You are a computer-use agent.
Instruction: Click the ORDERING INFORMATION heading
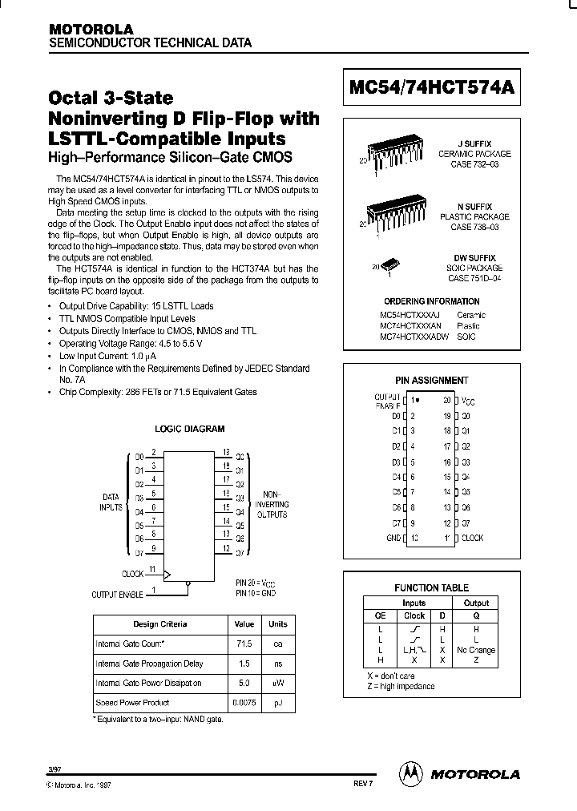pyautogui.click(x=431, y=301)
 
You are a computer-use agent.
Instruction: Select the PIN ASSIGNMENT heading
pyautogui.click(x=431, y=381)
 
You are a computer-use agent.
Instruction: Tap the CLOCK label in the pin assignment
pyautogui.click(x=472, y=538)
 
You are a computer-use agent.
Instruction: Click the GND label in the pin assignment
pyautogui.click(x=393, y=538)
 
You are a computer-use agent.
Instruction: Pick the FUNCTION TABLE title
pyautogui.click(x=432, y=587)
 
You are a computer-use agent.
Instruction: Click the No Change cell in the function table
pyautogui.click(x=476, y=650)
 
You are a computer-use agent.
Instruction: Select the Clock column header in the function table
pyautogui.click(x=414, y=616)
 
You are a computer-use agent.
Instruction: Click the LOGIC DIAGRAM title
pyautogui.click(x=189, y=429)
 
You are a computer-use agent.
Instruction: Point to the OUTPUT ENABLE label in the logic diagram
pyautogui.click(x=117, y=595)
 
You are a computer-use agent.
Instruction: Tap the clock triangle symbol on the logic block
pyautogui.click(x=167, y=575)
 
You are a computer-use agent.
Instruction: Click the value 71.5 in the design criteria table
pyautogui.click(x=244, y=644)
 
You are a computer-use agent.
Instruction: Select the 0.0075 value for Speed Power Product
pyautogui.click(x=244, y=702)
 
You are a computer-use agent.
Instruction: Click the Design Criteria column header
pyautogui.click(x=159, y=623)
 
